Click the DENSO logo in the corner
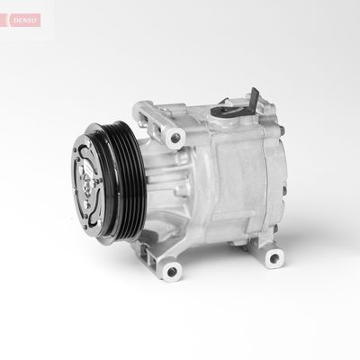(25, 20)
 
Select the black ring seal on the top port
(227, 111)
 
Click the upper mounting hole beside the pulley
(175, 139)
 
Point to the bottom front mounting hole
(172, 272)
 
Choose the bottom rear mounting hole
(274, 257)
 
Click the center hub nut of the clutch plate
(87, 182)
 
